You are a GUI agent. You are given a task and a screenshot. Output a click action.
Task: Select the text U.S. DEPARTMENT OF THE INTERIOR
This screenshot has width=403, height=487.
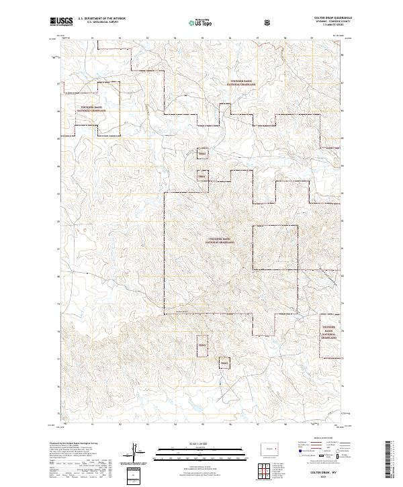pos(101,19)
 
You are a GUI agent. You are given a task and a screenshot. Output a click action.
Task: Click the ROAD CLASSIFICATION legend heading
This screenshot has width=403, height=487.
pos(320,441)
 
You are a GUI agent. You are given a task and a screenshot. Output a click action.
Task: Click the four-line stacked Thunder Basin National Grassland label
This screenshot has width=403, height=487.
pos(328,331)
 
